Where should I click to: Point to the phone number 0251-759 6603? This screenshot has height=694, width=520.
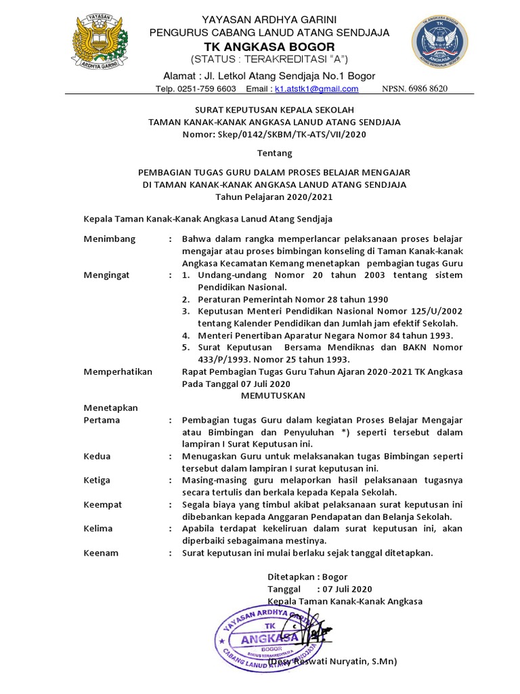tap(207, 89)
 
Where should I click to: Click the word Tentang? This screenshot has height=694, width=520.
tap(274, 154)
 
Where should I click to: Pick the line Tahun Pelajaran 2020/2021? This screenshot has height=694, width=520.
tap(274, 197)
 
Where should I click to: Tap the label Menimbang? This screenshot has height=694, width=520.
tap(110, 239)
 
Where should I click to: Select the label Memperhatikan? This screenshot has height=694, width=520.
tap(118, 371)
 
